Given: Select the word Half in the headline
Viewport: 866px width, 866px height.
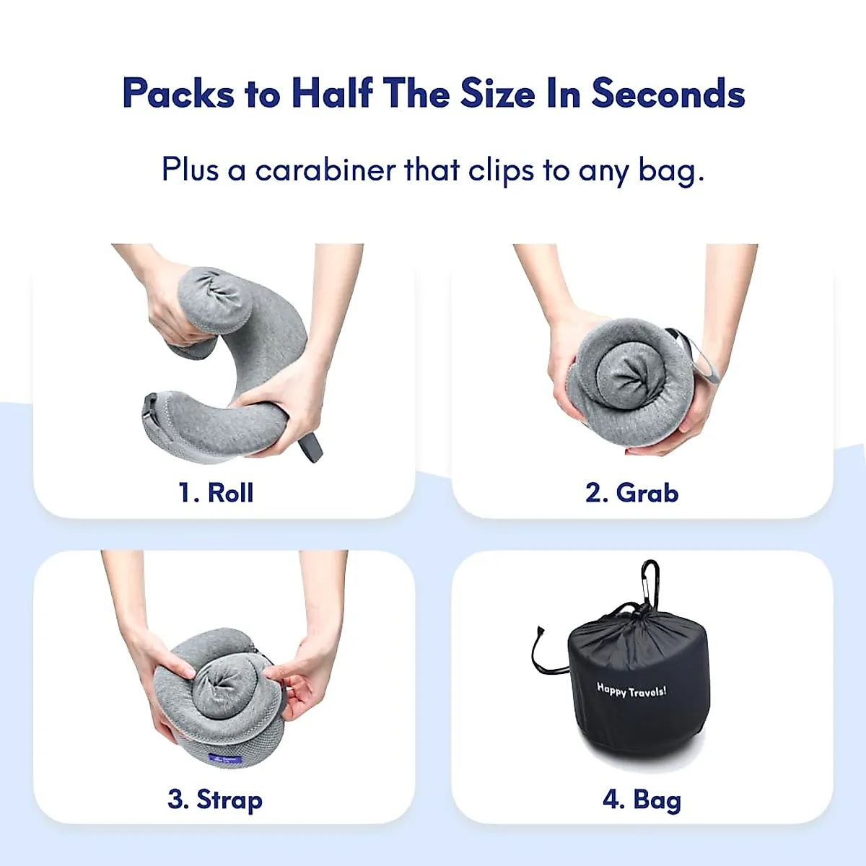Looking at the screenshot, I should (332, 94).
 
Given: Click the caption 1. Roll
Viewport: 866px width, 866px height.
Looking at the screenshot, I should (216, 493).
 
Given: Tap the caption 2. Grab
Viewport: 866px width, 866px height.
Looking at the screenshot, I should (631, 493).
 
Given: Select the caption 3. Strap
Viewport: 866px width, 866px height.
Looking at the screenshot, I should (215, 800).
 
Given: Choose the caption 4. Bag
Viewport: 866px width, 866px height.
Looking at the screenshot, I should (642, 800).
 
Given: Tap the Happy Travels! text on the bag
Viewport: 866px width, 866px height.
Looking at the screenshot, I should (631, 691).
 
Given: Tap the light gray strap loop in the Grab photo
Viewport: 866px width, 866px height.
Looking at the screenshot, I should (702, 361).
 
